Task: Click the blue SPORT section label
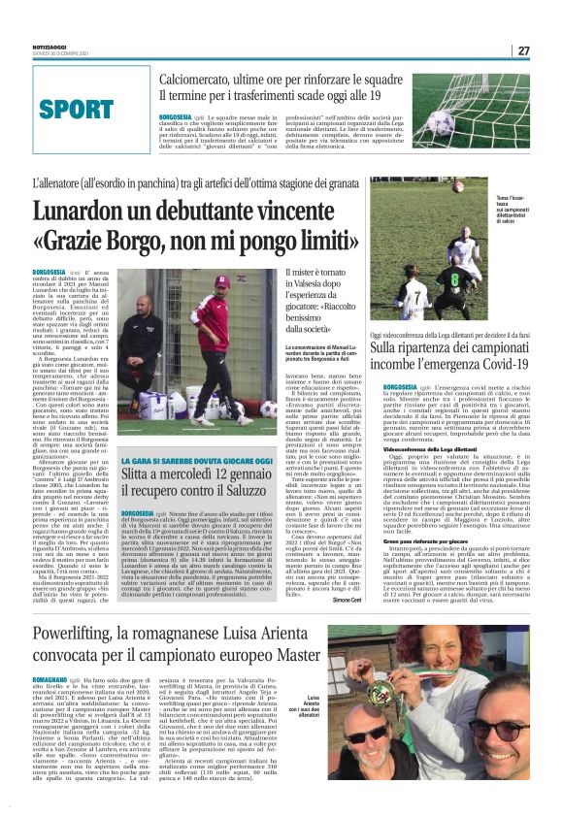[x=71, y=106]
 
